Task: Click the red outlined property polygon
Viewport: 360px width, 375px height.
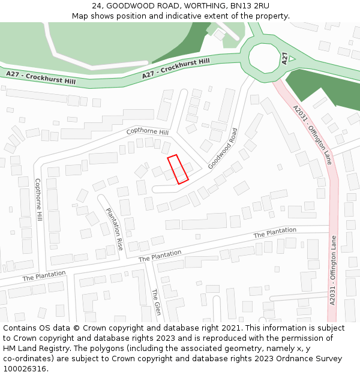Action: click(178, 169)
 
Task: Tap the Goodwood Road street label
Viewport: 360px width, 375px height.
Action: click(223, 148)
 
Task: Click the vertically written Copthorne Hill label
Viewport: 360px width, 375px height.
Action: click(38, 199)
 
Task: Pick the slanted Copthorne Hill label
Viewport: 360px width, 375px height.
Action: click(148, 131)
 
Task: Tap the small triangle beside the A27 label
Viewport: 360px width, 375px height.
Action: click(292, 59)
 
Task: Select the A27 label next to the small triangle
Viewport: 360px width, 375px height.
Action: click(284, 58)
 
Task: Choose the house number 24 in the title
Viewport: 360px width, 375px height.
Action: click(97, 5)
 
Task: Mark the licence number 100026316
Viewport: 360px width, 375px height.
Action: click(25, 369)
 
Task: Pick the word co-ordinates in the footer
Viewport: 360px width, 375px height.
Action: click(29, 359)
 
